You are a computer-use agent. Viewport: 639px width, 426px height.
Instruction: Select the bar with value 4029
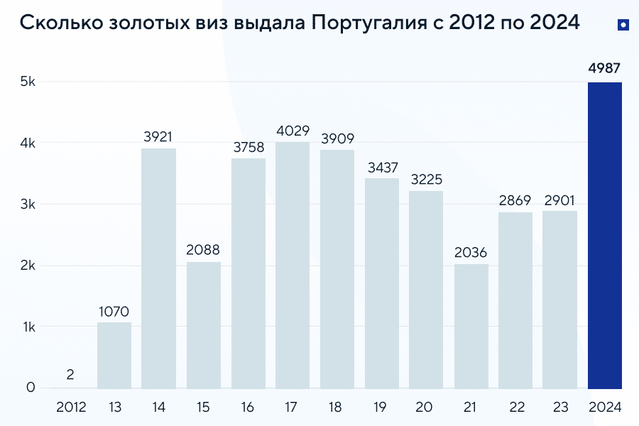point(293,266)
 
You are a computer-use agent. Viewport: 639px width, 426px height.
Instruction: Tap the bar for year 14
point(158,268)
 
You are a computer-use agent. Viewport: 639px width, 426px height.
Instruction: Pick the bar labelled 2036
point(471,327)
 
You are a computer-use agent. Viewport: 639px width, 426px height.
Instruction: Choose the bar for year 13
point(114,356)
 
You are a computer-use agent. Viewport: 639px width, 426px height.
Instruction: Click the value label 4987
point(605,69)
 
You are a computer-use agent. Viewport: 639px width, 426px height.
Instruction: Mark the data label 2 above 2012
point(70,374)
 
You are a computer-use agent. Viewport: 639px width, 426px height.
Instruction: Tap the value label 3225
point(427,180)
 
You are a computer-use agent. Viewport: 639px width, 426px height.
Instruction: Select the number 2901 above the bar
point(560,200)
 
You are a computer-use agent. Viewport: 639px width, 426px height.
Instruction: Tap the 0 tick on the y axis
point(31,388)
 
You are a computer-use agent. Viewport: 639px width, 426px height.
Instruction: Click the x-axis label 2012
point(70,408)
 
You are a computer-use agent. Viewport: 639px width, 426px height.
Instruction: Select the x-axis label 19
point(382,408)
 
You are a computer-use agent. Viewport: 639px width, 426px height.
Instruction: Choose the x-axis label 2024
point(605,408)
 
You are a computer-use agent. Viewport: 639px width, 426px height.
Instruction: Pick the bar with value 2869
point(515,300)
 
